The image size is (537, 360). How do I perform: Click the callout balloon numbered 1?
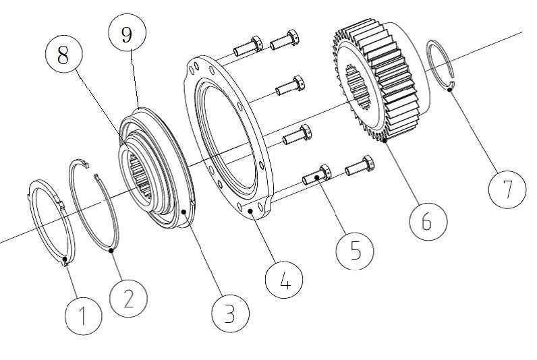tap(84, 313)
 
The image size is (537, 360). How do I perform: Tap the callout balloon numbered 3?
tap(229, 311)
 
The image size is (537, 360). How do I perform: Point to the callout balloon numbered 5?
tap(356, 250)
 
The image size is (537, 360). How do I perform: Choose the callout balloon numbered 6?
tap(426, 220)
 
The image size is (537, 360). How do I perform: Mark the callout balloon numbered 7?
tap(507, 191)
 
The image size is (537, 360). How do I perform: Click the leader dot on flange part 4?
tap(250, 211)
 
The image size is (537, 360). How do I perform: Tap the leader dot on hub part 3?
tap(183, 211)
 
